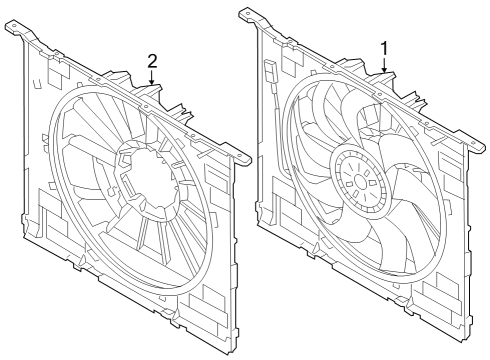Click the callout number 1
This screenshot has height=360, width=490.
click(x=385, y=46)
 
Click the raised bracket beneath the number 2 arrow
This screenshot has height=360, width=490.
click(x=151, y=96)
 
